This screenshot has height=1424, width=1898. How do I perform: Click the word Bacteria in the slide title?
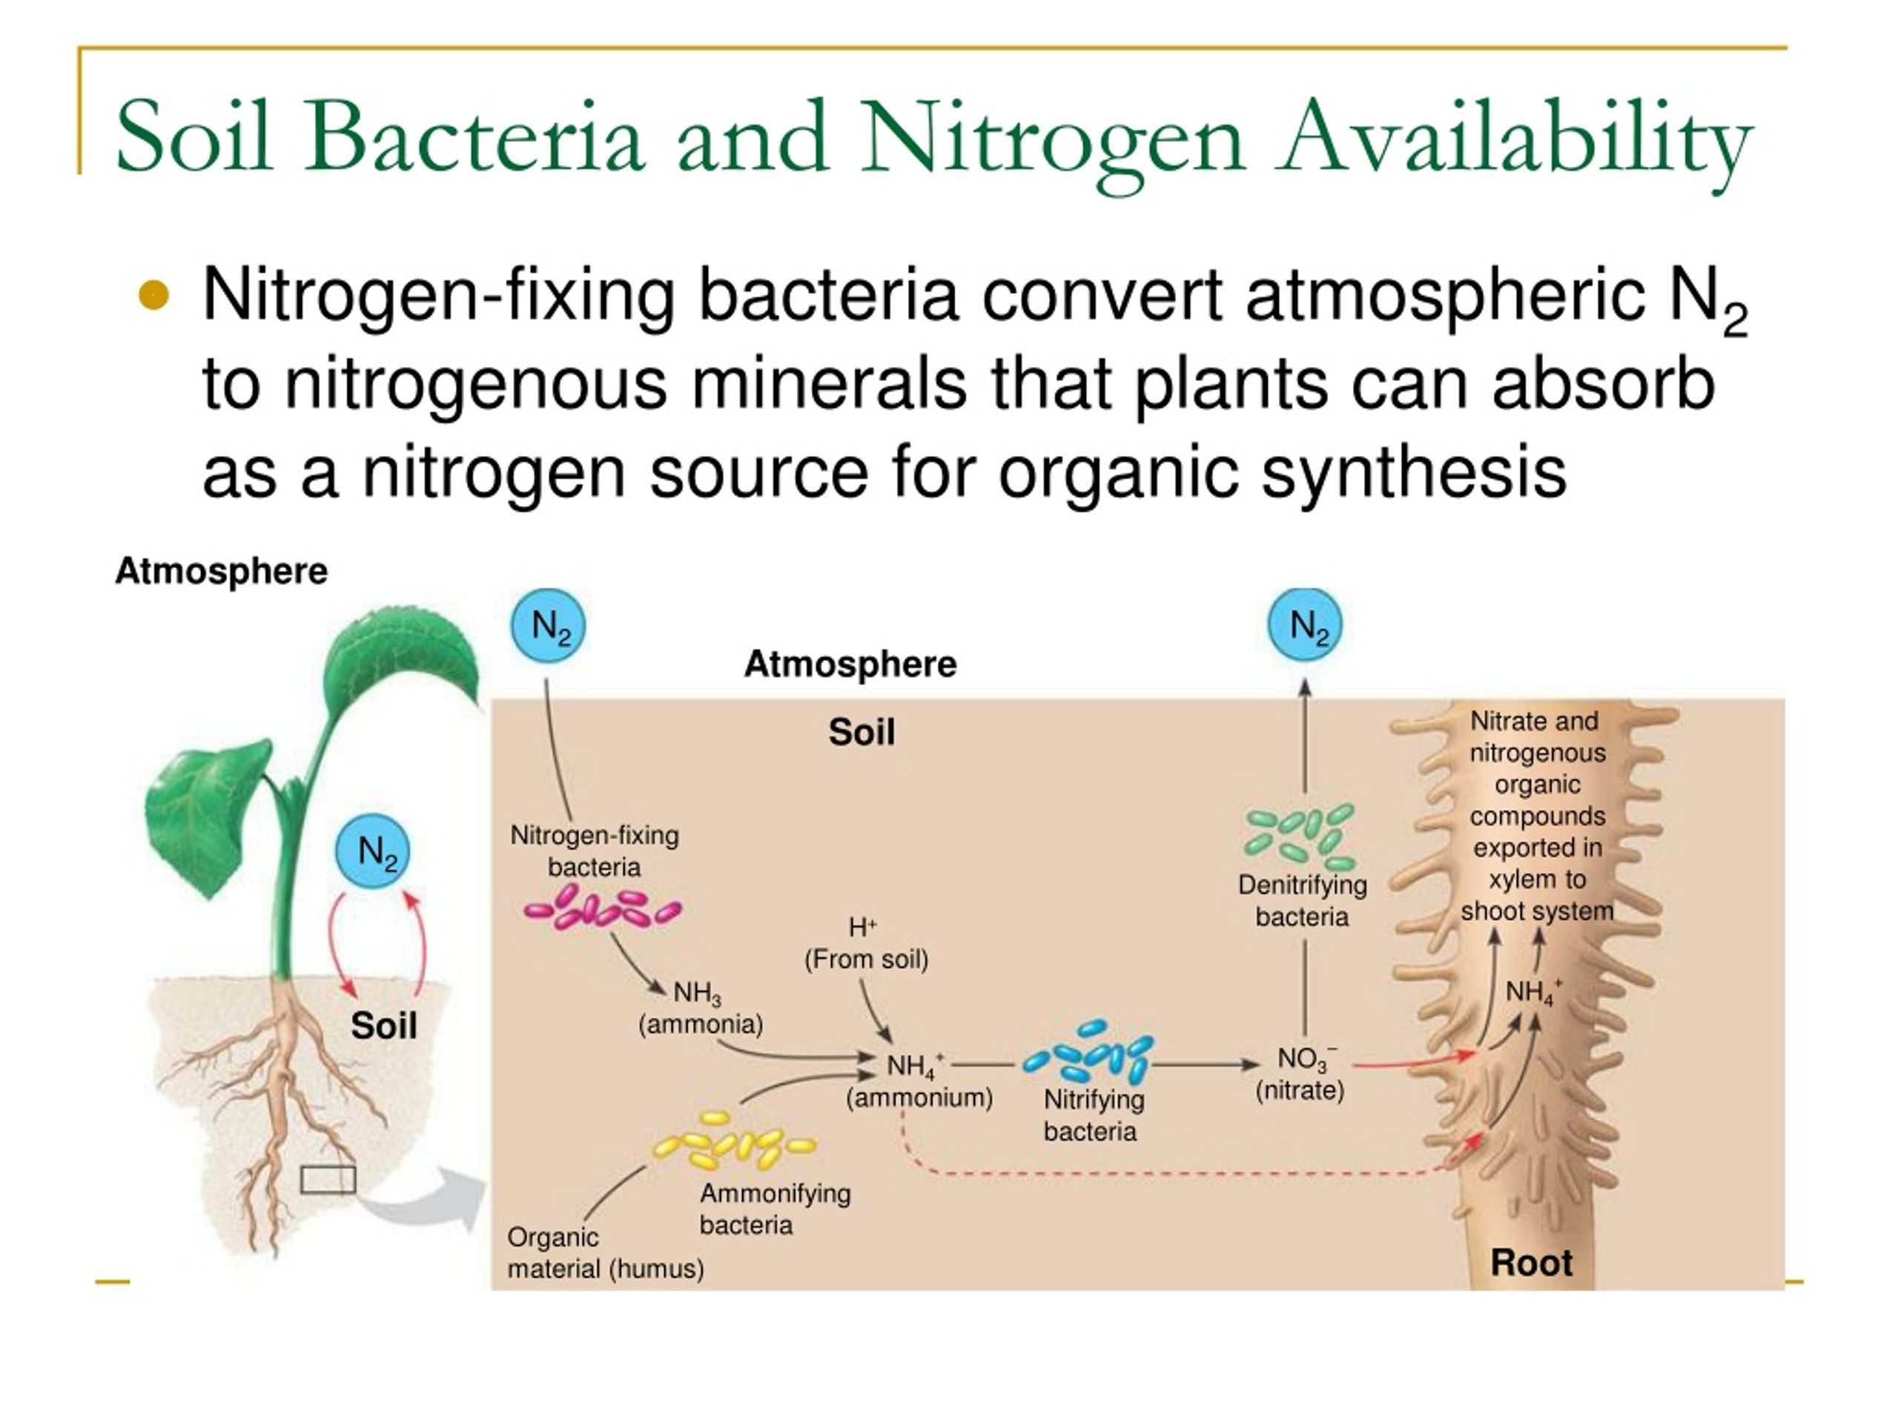coord(474,137)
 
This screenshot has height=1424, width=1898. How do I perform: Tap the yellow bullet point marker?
coord(154,296)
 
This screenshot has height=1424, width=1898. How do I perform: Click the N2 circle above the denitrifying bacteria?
coord(1305,625)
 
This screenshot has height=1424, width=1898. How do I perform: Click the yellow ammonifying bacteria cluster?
coord(735,1140)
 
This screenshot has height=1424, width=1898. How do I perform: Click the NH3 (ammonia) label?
coord(700,1009)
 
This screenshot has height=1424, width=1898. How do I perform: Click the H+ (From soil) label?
coord(866,943)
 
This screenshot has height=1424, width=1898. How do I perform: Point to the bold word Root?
coord(1532,1262)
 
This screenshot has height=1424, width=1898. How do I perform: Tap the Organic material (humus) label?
coord(606,1253)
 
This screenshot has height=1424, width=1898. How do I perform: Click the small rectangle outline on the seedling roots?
coord(328,1179)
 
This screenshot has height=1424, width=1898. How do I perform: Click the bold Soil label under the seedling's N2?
coord(383,1026)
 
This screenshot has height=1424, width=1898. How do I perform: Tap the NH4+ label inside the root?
coord(1534,992)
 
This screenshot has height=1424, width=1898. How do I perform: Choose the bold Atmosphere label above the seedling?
coord(222,571)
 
